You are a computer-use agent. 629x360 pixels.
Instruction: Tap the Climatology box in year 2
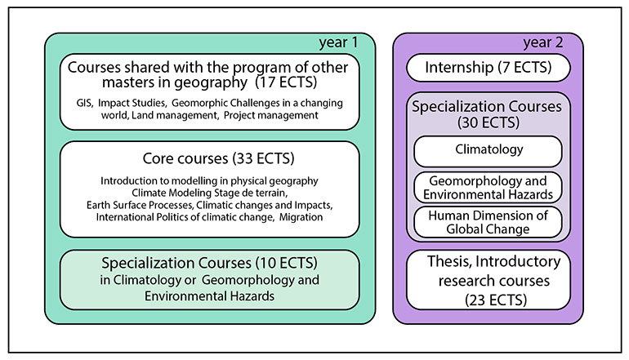tap(488, 151)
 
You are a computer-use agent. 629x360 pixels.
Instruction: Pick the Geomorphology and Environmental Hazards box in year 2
tap(488, 186)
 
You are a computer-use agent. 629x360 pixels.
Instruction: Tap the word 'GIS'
tap(81, 103)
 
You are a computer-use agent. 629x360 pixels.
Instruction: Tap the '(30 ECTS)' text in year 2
tap(488, 122)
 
